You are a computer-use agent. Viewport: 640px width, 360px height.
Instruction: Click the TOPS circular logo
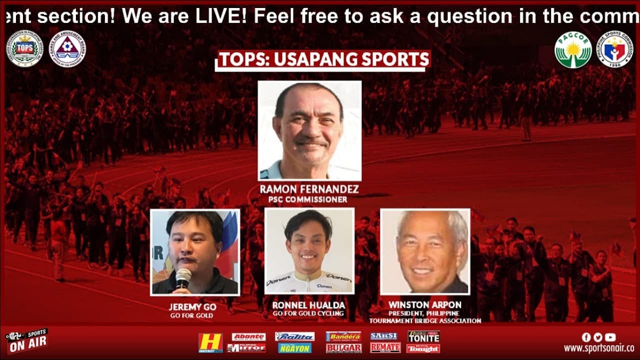point(23,48)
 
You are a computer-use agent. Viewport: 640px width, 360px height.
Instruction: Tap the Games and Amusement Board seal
point(66,48)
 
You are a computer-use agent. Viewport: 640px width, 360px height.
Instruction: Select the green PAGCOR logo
point(573,50)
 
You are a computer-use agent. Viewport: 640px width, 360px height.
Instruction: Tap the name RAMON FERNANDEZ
point(309,190)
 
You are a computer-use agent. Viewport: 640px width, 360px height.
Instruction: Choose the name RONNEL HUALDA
point(308,305)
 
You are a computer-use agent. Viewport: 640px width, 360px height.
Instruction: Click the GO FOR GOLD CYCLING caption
point(308,313)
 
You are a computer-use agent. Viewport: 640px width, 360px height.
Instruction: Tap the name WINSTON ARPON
point(425,304)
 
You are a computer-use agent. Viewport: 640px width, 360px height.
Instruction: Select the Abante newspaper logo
point(248,336)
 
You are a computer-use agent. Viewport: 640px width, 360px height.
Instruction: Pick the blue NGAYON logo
point(294,348)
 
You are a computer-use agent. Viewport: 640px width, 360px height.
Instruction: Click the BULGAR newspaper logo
point(343,348)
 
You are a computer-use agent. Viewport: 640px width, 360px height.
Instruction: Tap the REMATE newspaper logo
point(385,347)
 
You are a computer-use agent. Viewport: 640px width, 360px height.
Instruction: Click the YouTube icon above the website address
point(610,337)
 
